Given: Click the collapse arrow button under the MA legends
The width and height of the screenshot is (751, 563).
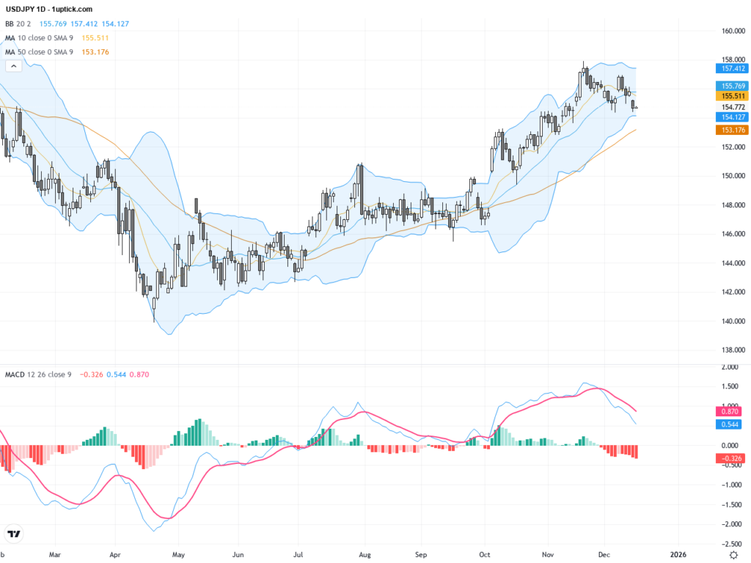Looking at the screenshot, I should [12, 66].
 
